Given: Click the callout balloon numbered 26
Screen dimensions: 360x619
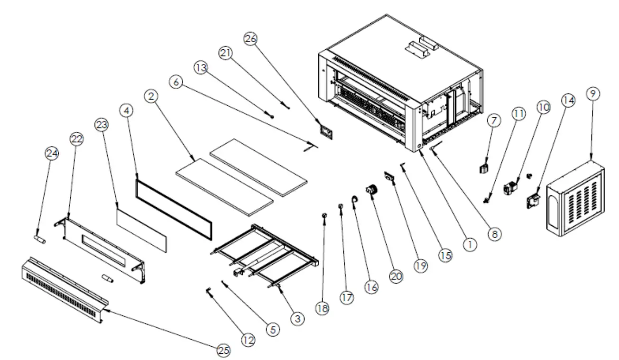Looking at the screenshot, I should point(250,39).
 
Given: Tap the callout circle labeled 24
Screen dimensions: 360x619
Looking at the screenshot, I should point(51,152).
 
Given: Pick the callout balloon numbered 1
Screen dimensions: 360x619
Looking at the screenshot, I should point(469,244).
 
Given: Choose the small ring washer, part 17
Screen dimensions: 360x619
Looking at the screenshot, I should point(341,206).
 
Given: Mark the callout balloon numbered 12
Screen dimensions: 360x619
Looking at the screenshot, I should point(248,339).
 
